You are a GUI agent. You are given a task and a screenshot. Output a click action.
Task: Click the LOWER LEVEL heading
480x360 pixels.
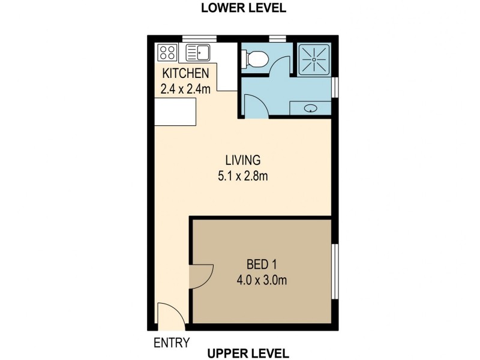pos(243,8)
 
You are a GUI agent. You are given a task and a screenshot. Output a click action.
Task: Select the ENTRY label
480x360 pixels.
pos(172,343)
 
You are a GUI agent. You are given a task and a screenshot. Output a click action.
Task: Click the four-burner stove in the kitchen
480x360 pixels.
pos(168,53)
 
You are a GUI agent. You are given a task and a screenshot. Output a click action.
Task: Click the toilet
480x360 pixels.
pos(256,59)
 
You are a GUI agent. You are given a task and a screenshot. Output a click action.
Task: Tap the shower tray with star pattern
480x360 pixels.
pos(314,59)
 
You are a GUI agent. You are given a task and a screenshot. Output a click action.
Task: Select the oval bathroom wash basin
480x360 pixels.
pos(311,109)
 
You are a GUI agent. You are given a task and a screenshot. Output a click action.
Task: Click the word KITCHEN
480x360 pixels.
pos(185,74)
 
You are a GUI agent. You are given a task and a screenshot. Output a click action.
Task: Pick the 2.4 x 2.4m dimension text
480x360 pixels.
pos(185,89)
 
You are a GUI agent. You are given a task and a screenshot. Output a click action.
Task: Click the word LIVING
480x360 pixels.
pos(242,160)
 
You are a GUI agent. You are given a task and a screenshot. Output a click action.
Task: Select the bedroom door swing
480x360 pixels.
pos(199,277)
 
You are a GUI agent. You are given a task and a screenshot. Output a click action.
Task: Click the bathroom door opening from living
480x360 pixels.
pos(253,108)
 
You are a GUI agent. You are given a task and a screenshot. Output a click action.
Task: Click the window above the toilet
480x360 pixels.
pos(277,39)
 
